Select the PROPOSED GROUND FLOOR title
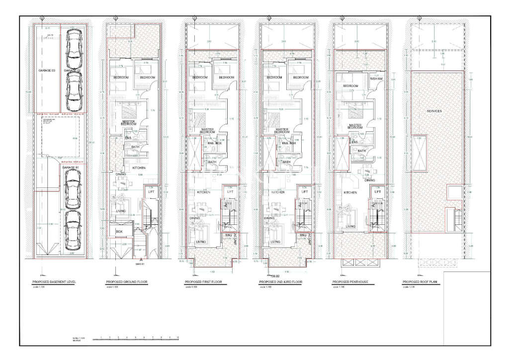tap(127, 282)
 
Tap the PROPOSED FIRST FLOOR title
tap(203, 282)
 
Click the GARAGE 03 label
tap(46, 71)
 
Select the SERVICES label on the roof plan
tap(434, 111)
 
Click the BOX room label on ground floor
tap(119, 232)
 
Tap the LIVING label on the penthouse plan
tap(350, 226)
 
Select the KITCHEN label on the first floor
tap(204, 192)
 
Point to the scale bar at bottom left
tap(139, 338)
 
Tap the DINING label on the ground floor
tap(121, 174)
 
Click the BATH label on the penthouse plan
tap(362, 151)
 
